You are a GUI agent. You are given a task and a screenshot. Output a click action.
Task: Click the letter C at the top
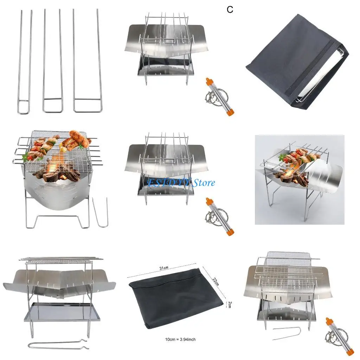point(230,10)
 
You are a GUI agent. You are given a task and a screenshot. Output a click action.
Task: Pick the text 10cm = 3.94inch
point(180,339)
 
